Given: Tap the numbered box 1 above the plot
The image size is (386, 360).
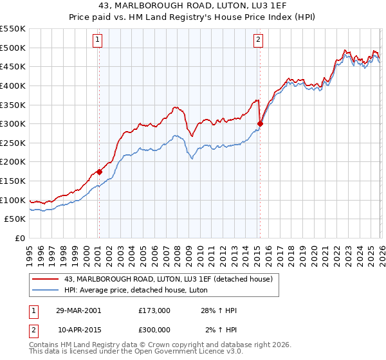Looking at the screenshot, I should coord(98,40).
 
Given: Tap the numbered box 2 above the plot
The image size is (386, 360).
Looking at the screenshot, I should coord(258,40).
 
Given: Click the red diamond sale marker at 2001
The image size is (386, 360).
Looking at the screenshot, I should coord(99,172).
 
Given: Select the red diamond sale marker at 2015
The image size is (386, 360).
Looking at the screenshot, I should coord(260,123).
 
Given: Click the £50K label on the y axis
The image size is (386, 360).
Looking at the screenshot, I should coord(15,219).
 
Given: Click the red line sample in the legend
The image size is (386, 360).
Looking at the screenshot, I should coord(46,279).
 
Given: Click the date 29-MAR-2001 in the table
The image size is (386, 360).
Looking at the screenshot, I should coord(78,310).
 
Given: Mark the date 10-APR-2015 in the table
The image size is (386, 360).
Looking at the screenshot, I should coord(78,330).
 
